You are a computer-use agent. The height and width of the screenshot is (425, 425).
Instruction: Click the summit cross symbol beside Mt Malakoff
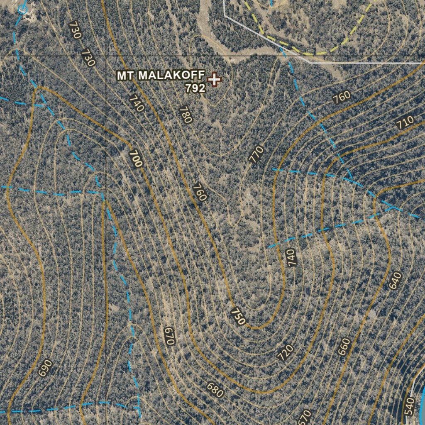pyautogui.click(x=214, y=79)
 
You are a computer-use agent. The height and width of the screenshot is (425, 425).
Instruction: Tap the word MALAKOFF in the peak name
pyautogui.click(x=171, y=76)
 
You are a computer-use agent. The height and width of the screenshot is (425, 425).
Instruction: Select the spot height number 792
pyautogui.click(x=195, y=88)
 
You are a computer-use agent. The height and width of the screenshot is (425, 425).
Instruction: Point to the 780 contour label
pyautogui.click(x=186, y=115)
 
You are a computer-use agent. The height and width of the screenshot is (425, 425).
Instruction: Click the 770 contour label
pyautogui.click(x=256, y=154)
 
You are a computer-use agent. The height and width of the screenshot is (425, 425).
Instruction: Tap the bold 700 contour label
pyautogui.click(x=135, y=159)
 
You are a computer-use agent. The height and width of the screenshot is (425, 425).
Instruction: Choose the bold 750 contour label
pyautogui.click(x=238, y=316)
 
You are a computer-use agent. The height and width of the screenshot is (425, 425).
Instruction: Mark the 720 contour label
pyautogui.click(x=285, y=352)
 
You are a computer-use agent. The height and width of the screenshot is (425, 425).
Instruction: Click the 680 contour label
pyautogui.click(x=215, y=389)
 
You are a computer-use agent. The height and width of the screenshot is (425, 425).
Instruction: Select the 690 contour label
pyautogui.click(x=45, y=368)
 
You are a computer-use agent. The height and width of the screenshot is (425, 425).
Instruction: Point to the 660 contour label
pyautogui.click(x=344, y=347)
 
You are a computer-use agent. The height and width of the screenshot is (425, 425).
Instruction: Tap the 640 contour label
pyautogui.click(x=396, y=281)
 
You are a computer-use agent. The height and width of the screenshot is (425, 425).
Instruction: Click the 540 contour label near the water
pyautogui.click(x=409, y=406)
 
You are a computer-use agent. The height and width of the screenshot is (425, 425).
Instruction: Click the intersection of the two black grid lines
pyautogui.click(x=106, y=56)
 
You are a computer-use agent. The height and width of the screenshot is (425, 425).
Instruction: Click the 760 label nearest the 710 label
pyautogui.click(x=342, y=98)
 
